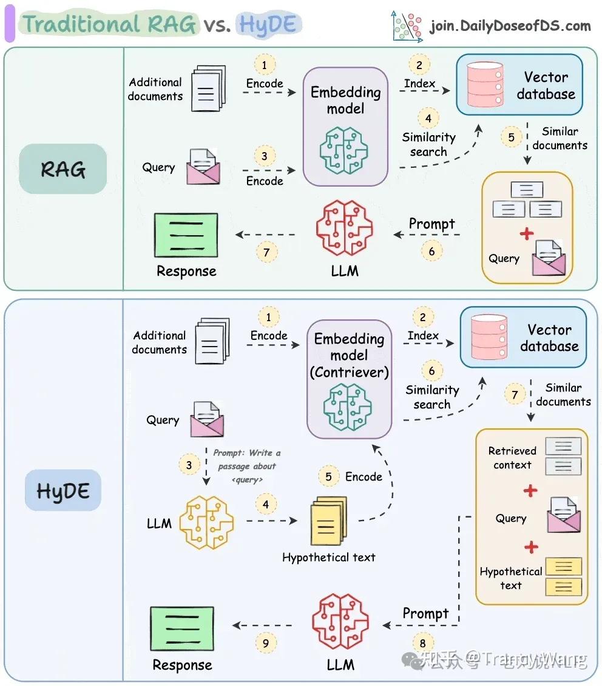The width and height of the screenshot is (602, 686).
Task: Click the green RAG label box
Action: tap(63, 168)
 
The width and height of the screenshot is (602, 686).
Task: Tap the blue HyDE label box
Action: tap(63, 490)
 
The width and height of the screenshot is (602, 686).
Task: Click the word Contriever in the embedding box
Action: tap(349, 372)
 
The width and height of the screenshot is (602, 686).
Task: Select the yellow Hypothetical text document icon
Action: tap(329, 521)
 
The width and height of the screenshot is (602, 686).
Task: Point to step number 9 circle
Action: tap(266, 642)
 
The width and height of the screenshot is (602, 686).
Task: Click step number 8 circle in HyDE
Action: tap(423, 643)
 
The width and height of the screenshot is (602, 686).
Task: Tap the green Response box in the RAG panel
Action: tap(186, 235)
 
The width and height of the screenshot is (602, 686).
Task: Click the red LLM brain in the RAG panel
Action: tap(344, 228)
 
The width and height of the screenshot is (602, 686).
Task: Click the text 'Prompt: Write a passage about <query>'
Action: tap(246, 466)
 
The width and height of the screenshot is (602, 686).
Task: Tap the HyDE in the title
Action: tap(268, 25)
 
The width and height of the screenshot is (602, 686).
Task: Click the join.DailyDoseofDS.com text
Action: tap(510, 25)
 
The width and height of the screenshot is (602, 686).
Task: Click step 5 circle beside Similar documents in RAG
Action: tap(511, 138)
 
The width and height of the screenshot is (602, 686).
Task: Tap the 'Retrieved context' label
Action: tap(512, 458)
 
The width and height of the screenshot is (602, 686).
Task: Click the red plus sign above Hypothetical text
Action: tap(532, 547)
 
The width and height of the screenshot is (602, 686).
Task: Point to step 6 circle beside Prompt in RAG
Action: tap(431, 250)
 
